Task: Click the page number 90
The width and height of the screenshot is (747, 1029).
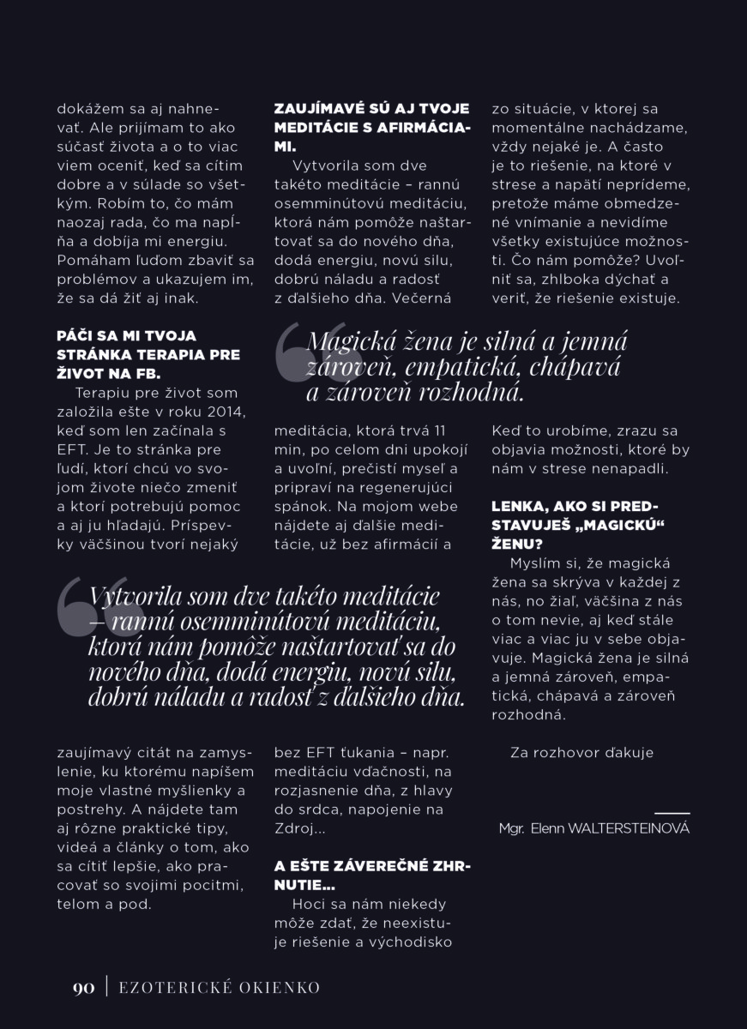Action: click(x=82, y=988)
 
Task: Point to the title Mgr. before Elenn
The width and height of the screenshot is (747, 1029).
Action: click(x=512, y=828)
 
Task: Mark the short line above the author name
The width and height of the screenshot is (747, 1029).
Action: click(x=672, y=812)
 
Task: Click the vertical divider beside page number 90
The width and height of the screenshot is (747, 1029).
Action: click(x=106, y=988)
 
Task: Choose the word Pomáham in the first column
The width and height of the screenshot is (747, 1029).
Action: click(x=90, y=261)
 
